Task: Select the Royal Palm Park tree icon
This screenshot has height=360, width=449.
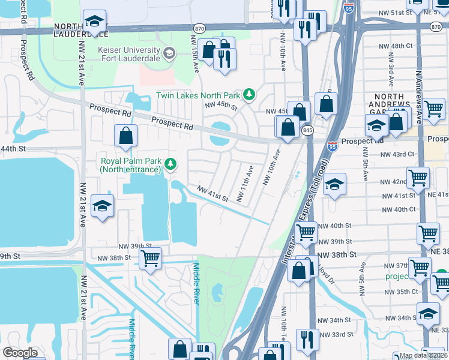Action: tap(171, 163)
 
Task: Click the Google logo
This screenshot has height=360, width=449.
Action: tap(20, 353)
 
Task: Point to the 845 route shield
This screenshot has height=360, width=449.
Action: tap(308, 130)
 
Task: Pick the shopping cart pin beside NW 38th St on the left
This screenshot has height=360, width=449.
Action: tap(150, 259)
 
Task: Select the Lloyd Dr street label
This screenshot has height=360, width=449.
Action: tap(328, 273)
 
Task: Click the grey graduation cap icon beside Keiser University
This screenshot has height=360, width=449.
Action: tap(169, 53)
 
